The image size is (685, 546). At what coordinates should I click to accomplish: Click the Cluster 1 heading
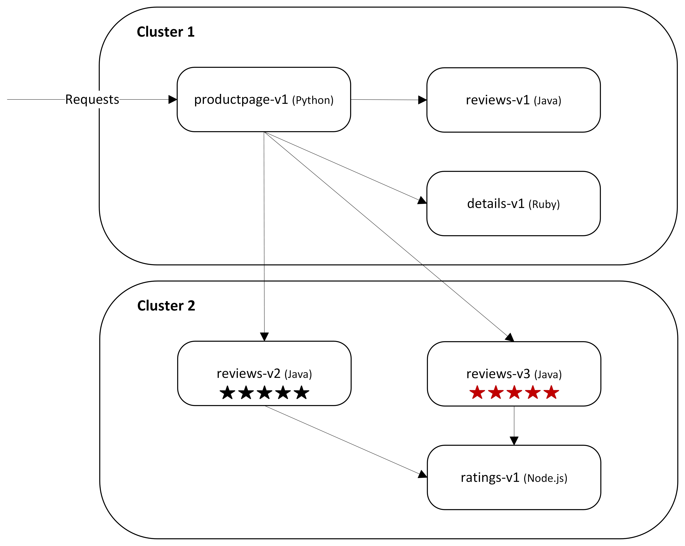pos(165,32)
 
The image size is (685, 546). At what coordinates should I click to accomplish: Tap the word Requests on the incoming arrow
pos(92,99)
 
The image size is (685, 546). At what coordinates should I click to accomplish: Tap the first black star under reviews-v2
pos(227,393)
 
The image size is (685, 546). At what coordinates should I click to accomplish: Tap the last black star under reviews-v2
pos(301,393)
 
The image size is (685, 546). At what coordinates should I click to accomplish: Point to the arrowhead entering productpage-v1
pos(173,99)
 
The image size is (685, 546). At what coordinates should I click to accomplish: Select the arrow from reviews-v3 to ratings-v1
pos(514,422)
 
